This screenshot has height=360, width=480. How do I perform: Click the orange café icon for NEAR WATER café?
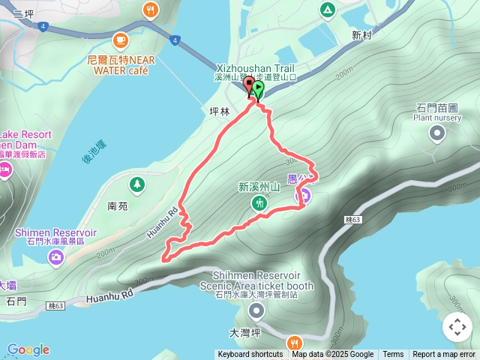[120, 40]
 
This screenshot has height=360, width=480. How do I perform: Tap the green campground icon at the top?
[327, 10]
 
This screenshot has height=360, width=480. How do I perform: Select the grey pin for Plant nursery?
[437, 133]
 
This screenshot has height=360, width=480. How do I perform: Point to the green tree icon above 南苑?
[136, 184]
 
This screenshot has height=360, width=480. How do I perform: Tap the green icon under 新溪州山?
[259, 202]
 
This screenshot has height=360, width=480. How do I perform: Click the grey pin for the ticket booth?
[257, 310]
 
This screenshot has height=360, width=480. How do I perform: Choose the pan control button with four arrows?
[457, 327]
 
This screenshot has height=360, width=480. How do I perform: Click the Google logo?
[28, 349]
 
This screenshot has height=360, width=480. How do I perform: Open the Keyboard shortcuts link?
[250, 355]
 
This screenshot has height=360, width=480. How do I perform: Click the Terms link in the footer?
[393, 355]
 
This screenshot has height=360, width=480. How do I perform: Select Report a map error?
[444, 355]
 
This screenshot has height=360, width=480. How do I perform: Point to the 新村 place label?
[361, 35]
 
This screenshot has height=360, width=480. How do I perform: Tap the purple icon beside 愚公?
[305, 196]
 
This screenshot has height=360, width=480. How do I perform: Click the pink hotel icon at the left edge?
[4, 171]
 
